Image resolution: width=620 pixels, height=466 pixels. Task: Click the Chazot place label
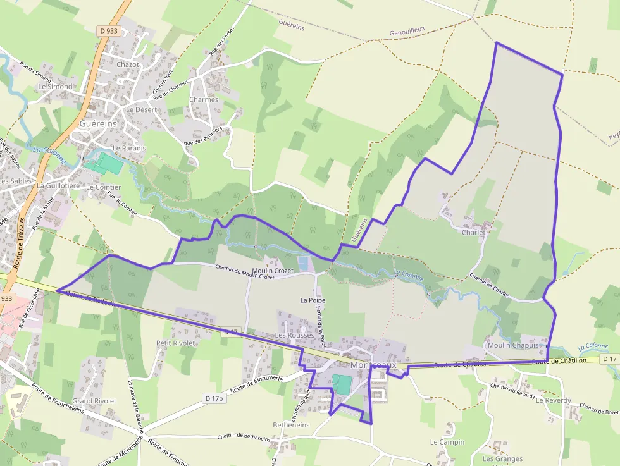click(128, 64)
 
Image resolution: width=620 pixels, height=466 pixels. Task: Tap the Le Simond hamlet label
click(56, 86)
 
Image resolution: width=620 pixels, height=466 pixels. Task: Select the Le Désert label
click(141, 109)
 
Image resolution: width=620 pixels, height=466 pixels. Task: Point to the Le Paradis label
click(129, 148)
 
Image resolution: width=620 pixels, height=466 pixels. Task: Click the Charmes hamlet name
click(204, 99)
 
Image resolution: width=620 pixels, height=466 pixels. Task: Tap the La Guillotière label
click(58, 186)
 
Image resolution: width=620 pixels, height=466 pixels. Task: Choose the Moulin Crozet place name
click(273, 271)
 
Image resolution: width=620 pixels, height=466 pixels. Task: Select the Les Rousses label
click(294, 335)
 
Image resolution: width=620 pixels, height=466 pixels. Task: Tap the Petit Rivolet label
click(176, 343)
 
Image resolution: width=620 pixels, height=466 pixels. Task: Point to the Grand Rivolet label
click(94, 401)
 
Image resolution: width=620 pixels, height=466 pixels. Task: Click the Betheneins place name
click(291, 426)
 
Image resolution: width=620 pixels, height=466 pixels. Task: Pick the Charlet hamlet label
click(474, 232)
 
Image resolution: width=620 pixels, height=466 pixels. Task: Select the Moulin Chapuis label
click(512, 345)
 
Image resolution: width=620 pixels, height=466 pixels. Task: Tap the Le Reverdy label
click(553, 400)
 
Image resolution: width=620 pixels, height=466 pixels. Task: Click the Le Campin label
click(447, 442)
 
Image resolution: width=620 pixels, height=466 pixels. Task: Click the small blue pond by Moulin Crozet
click(304, 262)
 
